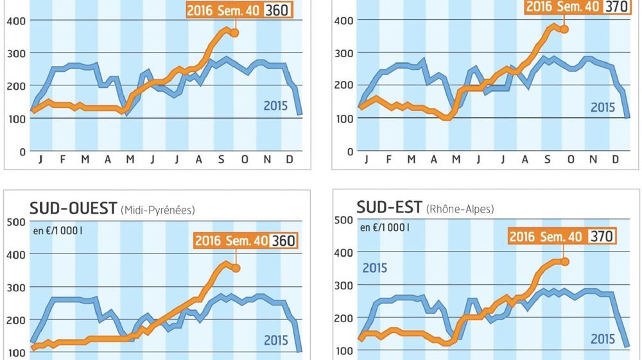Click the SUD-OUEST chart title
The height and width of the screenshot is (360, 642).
click(73, 208)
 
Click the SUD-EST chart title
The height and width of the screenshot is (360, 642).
click(389, 207)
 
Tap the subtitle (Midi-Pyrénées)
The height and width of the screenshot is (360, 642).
click(157, 210)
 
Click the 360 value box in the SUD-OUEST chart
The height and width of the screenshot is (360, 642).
click(283, 241)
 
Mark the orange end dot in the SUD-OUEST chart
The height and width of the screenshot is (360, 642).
click(236, 268)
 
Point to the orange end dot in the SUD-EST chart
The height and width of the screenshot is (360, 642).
click(566, 261)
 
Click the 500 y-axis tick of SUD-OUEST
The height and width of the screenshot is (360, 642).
click(15, 222)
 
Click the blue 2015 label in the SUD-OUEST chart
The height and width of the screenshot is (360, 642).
click(275, 340)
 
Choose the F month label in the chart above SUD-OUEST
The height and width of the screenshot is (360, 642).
click(63, 159)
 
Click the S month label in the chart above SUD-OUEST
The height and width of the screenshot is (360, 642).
click(221, 159)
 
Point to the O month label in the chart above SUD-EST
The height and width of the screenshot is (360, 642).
click(570, 159)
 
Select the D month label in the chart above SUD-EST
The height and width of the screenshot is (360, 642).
click(615, 159)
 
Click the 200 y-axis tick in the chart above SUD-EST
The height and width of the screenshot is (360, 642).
click(344, 85)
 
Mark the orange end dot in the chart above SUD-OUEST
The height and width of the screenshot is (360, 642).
click(235, 33)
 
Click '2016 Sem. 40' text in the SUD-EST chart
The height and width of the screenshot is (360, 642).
click(545, 237)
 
